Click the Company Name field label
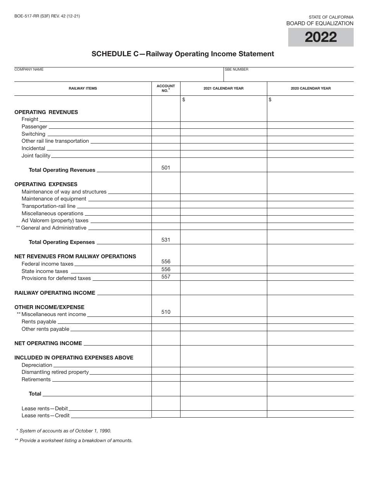point(29,69)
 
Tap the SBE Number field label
point(237,69)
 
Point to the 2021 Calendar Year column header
point(224,88)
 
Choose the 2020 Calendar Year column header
point(311,88)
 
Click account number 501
point(166,168)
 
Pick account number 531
point(166,240)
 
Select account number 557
point(166,277)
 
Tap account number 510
point(166,312)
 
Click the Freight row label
point(30,119)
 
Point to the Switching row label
point(33,134)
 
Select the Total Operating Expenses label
point(62,242)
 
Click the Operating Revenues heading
point(46,112)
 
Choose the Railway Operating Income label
point(55,293)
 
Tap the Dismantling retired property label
point(55,372)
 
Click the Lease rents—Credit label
point(46,416)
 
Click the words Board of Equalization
point(320,24)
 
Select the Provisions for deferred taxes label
point(56,278)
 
